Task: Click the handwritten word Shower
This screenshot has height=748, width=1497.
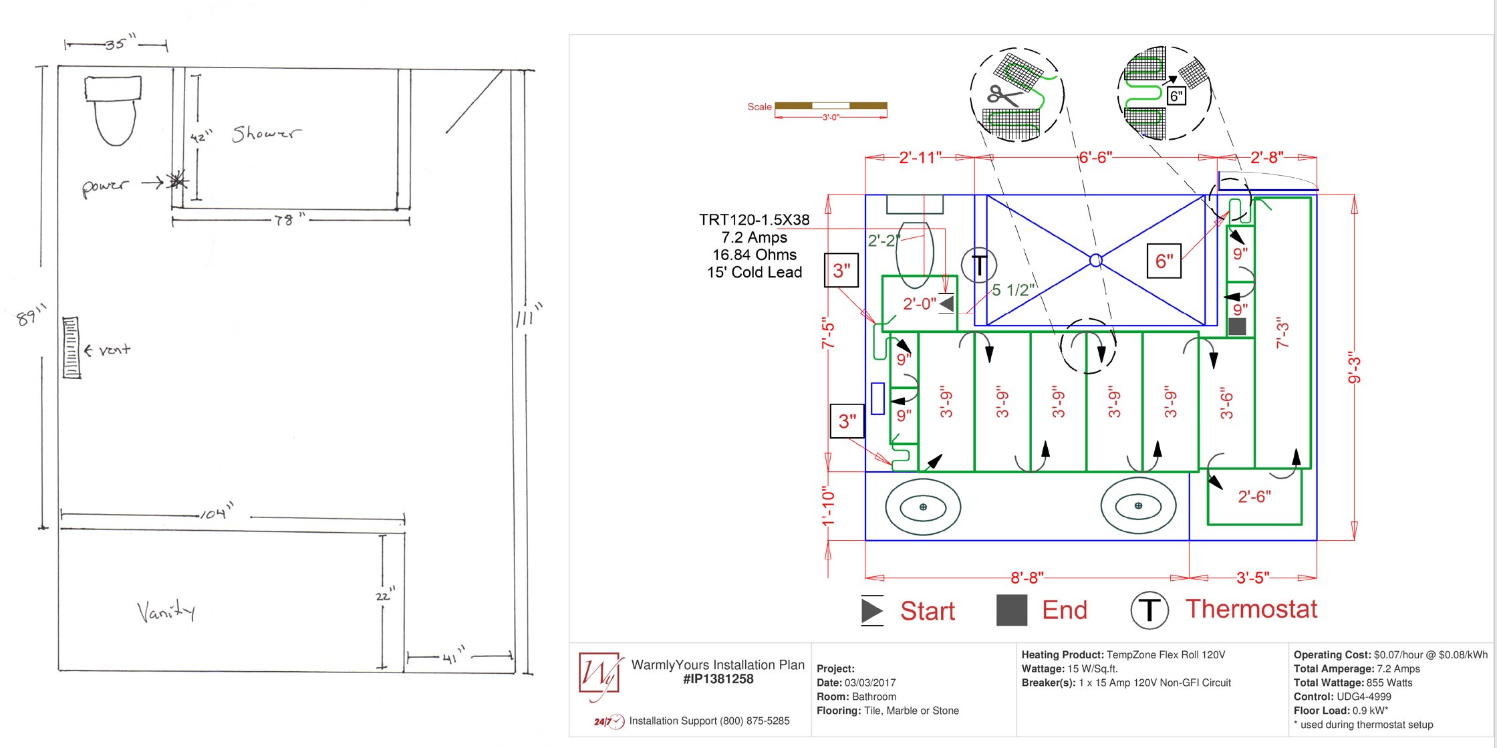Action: [x=266, y=134]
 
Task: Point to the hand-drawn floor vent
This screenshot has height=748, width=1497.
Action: [x=71, y=348]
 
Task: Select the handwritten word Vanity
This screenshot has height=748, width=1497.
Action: [x=166, y=611]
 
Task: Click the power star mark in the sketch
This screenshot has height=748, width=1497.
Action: [x=177, y=180]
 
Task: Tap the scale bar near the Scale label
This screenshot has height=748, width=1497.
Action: [x=831, y=106]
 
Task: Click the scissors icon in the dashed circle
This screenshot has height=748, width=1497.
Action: [x=1004, y=96]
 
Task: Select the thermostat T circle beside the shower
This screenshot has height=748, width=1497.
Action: [x=979, y=265]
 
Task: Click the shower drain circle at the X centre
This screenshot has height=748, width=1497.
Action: [x=1095, y=260]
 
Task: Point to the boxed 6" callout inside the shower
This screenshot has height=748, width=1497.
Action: [x=1164, y=261]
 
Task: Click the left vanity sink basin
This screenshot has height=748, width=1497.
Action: [x=923, y=507]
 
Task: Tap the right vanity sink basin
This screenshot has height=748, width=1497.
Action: [x=1138, y=505]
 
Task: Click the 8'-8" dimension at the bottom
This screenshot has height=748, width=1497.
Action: [x=1027, y=578]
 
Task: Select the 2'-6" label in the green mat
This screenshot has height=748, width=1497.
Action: [x=1254, y=497]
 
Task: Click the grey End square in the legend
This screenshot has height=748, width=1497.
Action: [x=1011, y=610]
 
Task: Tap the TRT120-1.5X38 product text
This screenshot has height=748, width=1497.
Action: [x=754, y=220]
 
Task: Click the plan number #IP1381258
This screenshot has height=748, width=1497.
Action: [x=718, y=679]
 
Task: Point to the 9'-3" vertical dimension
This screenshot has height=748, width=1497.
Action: [x=1354, y=367]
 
